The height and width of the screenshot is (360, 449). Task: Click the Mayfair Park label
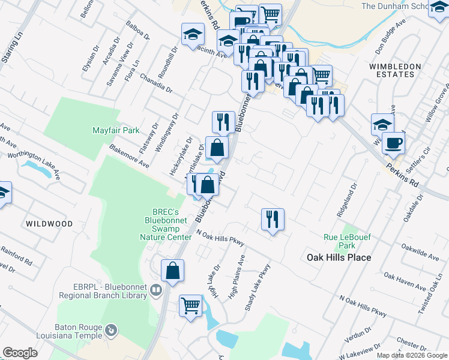click(116, 130)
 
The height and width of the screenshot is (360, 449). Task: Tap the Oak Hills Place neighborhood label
click(339, 257)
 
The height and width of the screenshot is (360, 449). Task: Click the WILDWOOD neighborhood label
click(49, 224)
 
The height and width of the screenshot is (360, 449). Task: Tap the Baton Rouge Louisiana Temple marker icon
click(110, 330)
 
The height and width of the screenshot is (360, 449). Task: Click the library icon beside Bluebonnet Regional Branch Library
click(156, 291)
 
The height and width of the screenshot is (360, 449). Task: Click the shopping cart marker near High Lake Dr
click(190, 305)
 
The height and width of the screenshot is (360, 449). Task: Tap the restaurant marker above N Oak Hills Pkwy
click(273, 218)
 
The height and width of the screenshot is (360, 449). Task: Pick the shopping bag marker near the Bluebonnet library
click(172, 270)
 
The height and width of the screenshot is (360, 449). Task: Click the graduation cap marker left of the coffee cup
click(382, 125)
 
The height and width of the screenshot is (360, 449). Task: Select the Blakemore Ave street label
click(129, 155)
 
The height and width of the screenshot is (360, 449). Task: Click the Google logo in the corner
click(20, 353)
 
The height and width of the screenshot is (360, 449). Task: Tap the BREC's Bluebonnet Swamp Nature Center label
click(166, 224)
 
